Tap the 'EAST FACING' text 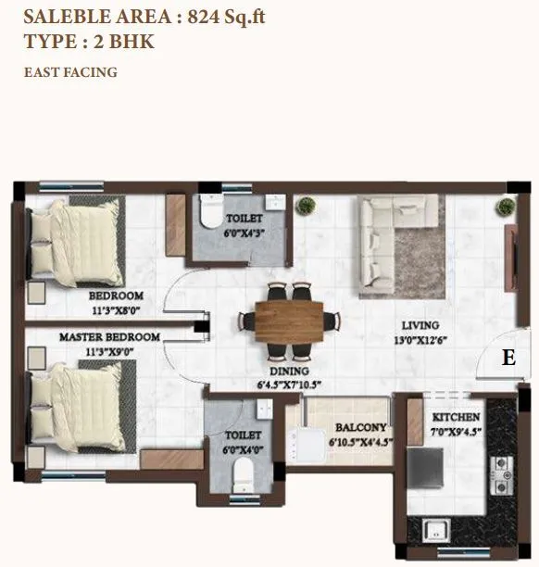(70, 71)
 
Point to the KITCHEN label (456, 418)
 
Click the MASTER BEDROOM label (109, 337)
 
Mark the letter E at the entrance (508, 358)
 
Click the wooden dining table (284, 321)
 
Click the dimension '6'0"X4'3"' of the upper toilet (244, 233)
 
